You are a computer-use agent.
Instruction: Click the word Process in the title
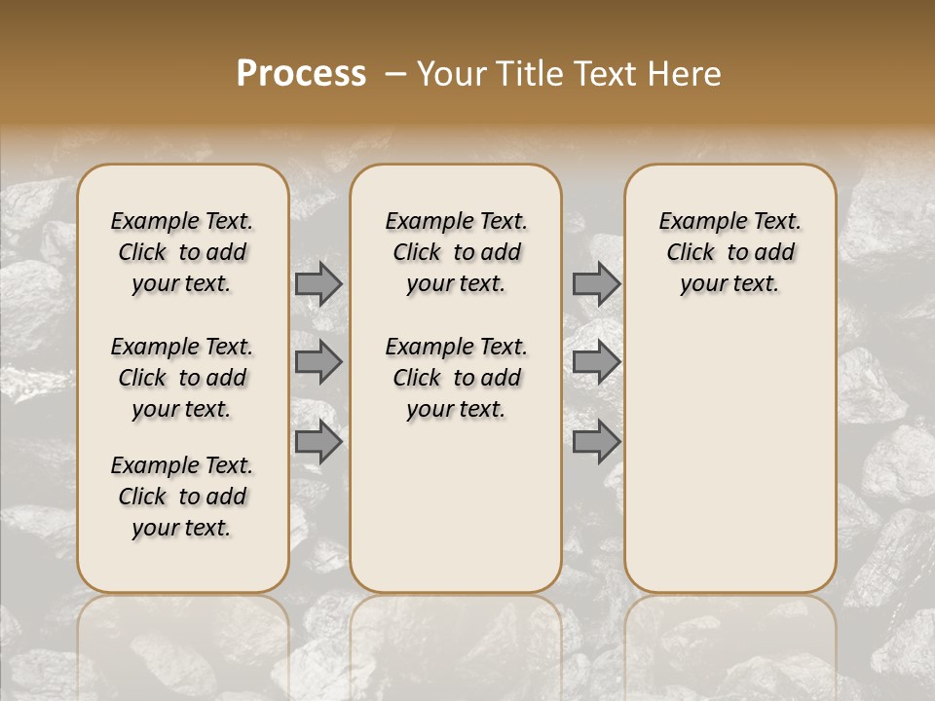point(301,73)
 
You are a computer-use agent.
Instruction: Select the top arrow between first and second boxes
point(318,283)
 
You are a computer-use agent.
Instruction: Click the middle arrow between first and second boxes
point(318,362)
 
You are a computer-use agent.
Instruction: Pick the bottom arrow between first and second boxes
point(318,443)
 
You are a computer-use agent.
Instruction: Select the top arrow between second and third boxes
point(596,283)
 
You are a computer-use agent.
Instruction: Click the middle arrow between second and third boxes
point(596,362)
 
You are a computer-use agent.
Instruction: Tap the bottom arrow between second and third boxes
point(596,443)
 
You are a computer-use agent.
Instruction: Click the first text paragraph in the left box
point(182,252)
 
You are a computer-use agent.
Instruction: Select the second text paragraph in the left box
point(182,378)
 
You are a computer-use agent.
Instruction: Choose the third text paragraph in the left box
point(182,497)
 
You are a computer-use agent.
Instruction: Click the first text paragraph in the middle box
point(457,252)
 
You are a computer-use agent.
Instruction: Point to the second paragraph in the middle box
point(457,378)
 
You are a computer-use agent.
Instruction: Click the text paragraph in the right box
point(730,252)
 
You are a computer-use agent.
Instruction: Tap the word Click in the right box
point(691,253)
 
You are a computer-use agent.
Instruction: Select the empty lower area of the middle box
point(456,506)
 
